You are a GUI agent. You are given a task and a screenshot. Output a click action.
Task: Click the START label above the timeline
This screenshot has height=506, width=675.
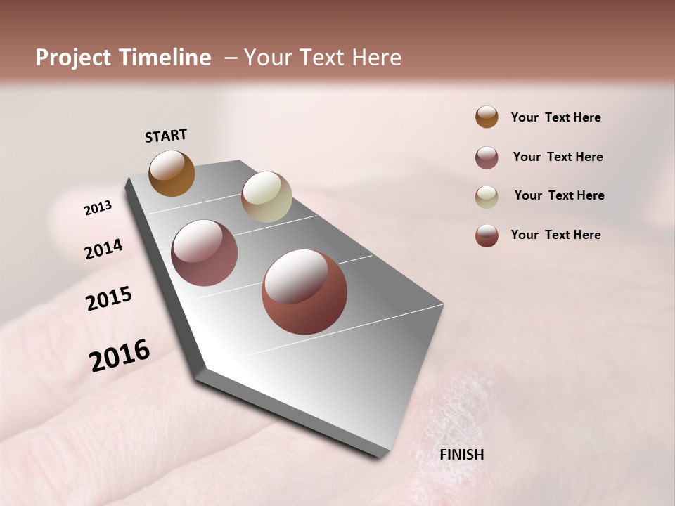(x=166, y=136)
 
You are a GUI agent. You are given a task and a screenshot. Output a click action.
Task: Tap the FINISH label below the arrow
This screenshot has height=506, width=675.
(x=461, y=455)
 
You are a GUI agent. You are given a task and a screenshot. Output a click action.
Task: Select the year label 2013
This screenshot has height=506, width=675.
(x=98, y=208)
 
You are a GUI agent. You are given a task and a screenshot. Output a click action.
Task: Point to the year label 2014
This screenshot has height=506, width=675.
(x=103, y=249)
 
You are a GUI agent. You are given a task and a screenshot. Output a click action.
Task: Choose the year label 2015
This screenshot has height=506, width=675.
(x=108, y=299)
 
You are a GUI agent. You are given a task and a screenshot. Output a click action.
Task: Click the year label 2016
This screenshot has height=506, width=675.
(x=119, y=356)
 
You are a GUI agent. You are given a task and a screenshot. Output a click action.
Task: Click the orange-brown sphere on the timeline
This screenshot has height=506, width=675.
(x=172, y=173)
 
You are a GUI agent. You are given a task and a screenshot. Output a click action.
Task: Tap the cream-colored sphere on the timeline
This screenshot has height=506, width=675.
(x=266, y=197)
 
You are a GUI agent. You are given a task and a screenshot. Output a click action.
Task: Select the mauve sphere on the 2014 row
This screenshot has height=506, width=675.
(x=205, y=253)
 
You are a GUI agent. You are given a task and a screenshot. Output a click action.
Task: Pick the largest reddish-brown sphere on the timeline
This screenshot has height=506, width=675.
(x=304, y=292)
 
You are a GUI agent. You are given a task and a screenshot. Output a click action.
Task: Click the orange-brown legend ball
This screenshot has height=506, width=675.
(x=487, y=117)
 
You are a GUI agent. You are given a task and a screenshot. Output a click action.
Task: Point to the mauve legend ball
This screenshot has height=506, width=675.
(x=487, y=157)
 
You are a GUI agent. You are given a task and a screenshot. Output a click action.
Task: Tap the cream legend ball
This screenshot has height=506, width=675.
(x=487, y=197)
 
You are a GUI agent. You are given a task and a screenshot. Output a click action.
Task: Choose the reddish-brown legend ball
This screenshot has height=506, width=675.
(x=487, y=235)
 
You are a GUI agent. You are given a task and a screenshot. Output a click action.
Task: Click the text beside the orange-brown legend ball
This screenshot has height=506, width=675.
(x=555, y=117)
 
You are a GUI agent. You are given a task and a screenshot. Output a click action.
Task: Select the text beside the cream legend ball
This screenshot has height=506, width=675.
(x=559, y=195)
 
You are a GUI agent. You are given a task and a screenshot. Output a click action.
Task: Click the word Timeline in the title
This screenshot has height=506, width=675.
(x=165, y=58)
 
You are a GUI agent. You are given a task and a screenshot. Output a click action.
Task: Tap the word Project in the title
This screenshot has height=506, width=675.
(x=74, y=58)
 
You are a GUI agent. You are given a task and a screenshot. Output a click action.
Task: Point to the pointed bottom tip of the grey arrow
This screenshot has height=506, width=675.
(x=380, y=455)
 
